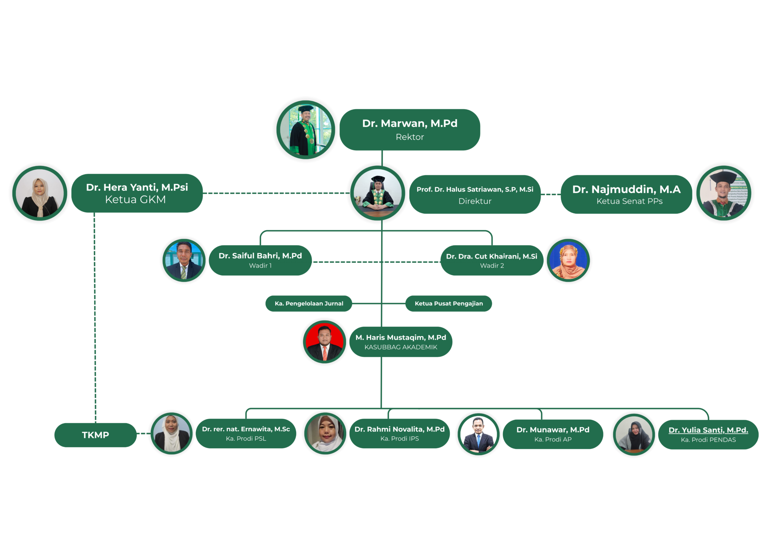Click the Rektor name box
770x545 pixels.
click(410, 130)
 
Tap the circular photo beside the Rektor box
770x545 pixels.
click(305, 129)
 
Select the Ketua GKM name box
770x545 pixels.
click(137, 193)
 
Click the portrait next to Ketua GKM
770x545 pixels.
click(39, 193)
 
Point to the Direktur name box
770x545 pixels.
click(475, 195)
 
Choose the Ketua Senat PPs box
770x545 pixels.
click(626, 195)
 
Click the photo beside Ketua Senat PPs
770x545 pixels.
click(724, 193)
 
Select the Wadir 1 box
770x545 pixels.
click(260, 260)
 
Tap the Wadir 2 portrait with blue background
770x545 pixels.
click(568, 260)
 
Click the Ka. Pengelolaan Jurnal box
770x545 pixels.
click(309, 304)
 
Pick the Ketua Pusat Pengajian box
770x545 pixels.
click(449, 304)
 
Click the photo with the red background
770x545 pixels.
click(324, 342)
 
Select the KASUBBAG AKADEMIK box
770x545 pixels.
click(401, 342)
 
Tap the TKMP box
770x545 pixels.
click(95, 435)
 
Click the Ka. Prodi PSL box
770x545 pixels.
click(246, 434)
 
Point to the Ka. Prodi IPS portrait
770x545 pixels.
click(325, 434)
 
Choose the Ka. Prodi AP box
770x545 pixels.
click(553, 434)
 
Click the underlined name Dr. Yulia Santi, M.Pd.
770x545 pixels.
click(708, 430)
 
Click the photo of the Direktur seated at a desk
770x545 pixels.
click(377, 193)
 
